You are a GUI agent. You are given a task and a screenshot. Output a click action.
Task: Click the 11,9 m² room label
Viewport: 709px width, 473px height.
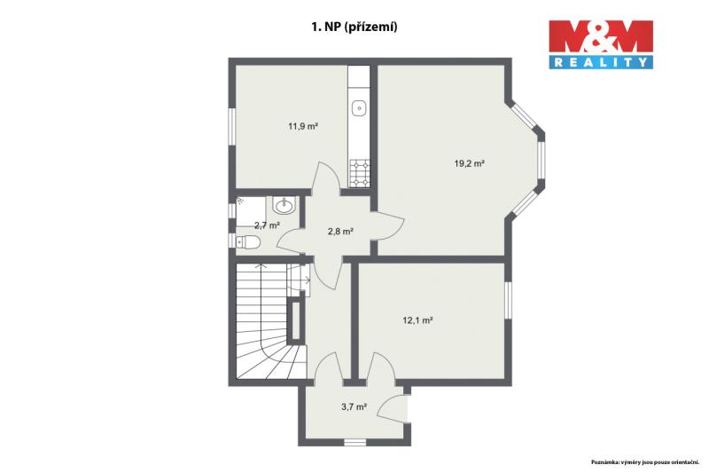click(x=303, y=126)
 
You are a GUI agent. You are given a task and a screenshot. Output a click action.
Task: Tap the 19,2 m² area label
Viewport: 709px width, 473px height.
click(x=470, y=163)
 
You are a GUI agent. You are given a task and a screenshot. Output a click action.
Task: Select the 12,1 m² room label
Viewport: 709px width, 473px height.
click(x=417, y=320)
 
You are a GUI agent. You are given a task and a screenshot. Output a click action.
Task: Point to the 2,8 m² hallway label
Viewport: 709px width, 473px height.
click(x=340, y=232)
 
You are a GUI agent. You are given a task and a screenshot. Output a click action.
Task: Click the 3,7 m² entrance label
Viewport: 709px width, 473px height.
click(x=354, y=407)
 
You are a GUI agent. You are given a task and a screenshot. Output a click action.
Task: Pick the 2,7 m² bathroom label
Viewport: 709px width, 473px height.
click(x=268, y=225)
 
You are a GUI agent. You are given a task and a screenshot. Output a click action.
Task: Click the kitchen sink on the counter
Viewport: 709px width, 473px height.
click(x=360, y=108)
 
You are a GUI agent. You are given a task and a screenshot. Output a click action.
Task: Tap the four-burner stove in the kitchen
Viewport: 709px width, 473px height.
click(x=360, y=173)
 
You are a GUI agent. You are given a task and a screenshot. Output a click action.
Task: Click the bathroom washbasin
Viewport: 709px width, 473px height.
click(x=284, y=206)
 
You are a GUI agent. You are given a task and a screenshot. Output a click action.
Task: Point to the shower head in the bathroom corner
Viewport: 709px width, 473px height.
click(x=239, y=200)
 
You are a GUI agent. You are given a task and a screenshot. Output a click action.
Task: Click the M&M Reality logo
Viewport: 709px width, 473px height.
click(x=601, y=44)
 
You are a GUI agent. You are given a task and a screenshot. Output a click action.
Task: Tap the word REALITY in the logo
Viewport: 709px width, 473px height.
click(x=601, y=62)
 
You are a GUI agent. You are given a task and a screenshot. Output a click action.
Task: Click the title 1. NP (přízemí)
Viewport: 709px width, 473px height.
click(x=354, y=28)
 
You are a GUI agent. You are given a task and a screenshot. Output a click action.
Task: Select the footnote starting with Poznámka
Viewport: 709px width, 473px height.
click(x=645, y=462)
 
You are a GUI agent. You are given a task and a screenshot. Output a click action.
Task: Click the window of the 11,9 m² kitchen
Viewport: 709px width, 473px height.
click(x=231, y=127)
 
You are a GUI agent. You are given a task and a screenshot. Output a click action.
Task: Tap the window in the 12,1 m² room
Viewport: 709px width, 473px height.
click(x=508, y=300)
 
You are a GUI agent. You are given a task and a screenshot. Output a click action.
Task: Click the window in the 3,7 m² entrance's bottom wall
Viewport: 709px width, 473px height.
click(x=354, y=442)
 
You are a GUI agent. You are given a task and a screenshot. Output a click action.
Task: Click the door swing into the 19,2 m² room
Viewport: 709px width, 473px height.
click(x=388, y=226)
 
